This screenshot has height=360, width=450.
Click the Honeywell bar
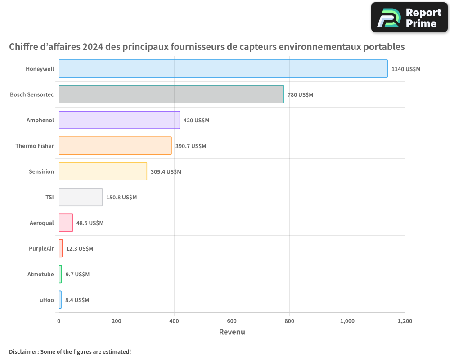tap(223, 69)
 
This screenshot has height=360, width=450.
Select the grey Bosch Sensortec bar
tap(171, 94)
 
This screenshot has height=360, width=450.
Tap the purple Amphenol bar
tap(119, 120)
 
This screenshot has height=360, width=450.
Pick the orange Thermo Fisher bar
tap(115, 146)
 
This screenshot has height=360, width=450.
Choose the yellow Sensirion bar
tap(103, 171)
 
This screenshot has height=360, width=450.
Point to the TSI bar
tap(81, 197)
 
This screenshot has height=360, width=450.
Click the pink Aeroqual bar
tap(66, 223)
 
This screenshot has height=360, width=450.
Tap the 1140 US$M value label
tap(405, 69)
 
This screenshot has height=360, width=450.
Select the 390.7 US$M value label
tap(190, 146)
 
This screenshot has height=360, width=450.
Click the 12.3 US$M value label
tap(79, 249)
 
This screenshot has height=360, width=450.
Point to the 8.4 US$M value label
tap(77, 300)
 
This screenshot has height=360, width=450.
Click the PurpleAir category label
tap(41, 248)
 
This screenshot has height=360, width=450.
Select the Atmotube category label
tap(40, 274)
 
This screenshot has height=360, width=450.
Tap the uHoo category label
tap(47, 300)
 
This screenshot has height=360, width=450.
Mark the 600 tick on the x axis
tap(232, 321)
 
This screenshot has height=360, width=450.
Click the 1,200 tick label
tap(405, 321)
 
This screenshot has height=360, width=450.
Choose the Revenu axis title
tap(232, 332)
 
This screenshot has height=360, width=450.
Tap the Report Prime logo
tap(409, 18)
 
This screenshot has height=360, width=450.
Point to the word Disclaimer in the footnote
tap(23, 351)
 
